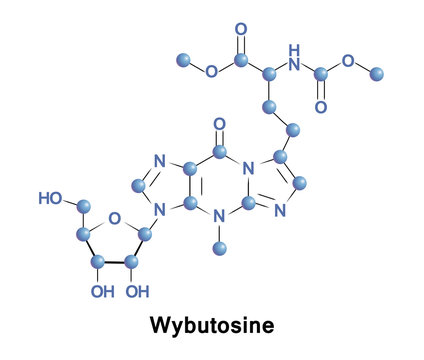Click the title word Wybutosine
click(212, 326)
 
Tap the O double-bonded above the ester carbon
click(240, 30)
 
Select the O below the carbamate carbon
click(321, 106)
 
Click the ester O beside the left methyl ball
click(211, 72)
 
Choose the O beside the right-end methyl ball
click(348, 61)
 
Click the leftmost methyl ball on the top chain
click(183, 60)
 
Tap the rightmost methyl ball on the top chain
click(377, 73)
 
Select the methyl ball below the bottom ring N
click(221, 267)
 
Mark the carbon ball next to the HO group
click(84, 208)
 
